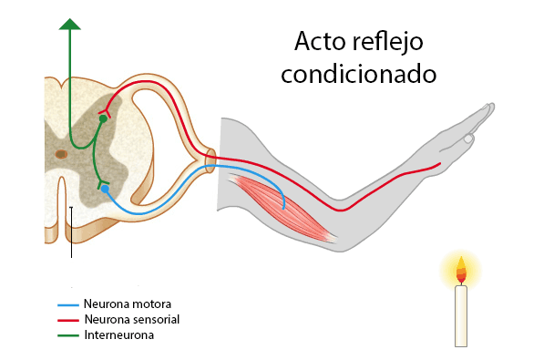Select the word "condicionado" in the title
pyautogui.click(x=359, y=74)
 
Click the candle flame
pyautogui.click(x=461, y=270)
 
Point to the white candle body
pyautogui.click(x=461, y=314)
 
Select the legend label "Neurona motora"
pyautogui.click(x=127, y=303)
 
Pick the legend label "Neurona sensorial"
pyautogui.click(x=131, y=319)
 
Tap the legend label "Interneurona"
pyautogui.click(x=118, y=334)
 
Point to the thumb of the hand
pyautogui.click(x=467, y=139)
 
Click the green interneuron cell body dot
pyautogui.click(x=103, y=118)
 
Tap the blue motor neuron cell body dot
pyautogui.click(x=106, y=189)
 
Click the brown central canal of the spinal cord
pyautogui.click(x=60, y=154)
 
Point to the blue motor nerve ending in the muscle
pyautogui.click(x=284, y=206)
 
